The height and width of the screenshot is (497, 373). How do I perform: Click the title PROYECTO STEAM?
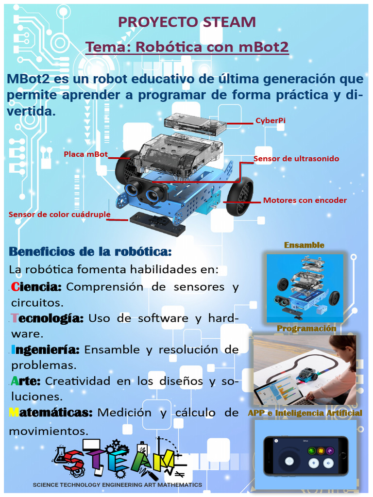tap(187, 22)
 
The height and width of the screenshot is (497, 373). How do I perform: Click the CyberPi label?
tap(270, 120)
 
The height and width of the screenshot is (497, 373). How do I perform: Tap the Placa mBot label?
tap(85, 154)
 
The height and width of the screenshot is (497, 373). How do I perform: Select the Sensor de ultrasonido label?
tap(296, 159)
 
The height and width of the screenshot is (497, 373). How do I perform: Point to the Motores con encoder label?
tap(305, 200)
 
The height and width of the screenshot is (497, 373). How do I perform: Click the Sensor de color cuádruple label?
tap(59, 214)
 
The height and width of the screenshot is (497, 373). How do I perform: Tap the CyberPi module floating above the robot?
tap(195, 125)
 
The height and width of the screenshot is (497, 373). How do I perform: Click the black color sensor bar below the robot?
tap(157, 223)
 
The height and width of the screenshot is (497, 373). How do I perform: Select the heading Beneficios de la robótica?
tap(90, 252)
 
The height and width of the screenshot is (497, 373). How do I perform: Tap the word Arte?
tap(26, 381)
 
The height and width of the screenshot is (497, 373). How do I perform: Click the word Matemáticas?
tap(51, 413)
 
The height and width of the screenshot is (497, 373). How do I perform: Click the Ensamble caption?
tap(304, 245)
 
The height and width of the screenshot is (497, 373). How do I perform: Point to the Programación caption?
tap(306, 329)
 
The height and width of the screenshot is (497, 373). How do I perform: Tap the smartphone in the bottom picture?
tap(306, 456)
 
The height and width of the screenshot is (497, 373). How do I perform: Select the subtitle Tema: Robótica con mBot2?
tap(187, 48)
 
